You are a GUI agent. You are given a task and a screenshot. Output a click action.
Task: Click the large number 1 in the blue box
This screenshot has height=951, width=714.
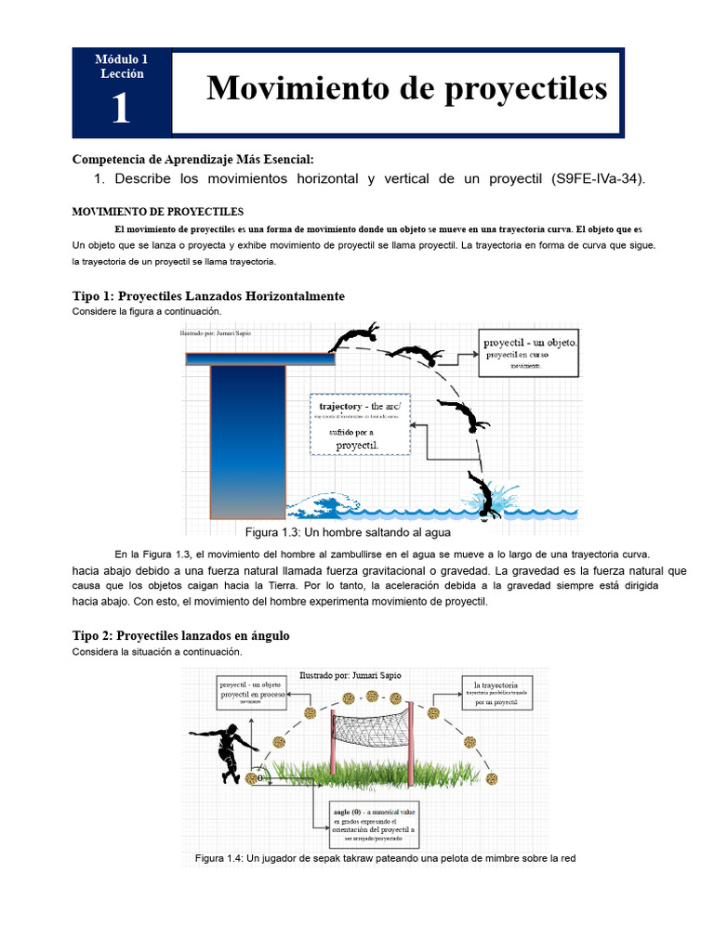coord(121,109)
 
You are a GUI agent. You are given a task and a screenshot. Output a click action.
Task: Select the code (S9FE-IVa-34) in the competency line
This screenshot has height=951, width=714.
coord(596,178)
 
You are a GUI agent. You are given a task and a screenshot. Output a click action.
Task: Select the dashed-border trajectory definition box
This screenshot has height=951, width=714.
coord(359,424)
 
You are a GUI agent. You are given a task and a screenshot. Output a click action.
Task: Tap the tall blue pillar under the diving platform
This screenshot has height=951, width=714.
coord(247,440)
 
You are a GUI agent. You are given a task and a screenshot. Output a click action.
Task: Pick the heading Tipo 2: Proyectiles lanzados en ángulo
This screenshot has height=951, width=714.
coord(181,636)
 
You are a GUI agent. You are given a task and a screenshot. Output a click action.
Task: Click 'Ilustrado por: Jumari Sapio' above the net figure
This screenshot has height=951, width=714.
coord(350,675)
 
